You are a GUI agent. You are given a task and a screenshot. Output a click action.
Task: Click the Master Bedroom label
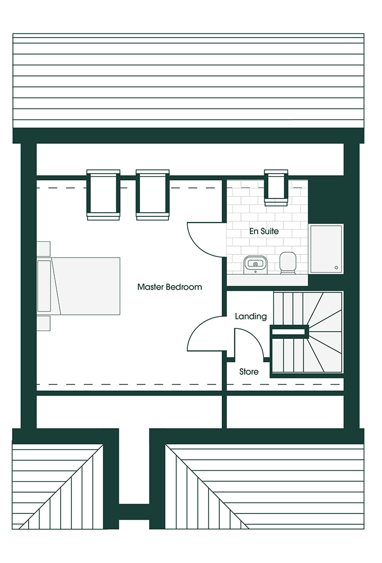click(170, 287)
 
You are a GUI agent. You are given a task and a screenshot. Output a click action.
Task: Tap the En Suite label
click(264, 231)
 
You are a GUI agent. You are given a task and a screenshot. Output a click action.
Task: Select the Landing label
click(251, 316)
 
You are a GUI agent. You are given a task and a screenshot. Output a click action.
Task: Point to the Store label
click(249, 372)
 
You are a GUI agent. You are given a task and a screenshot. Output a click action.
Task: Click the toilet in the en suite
click(288, 263)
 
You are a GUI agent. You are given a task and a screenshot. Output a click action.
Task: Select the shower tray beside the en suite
click(326, 249)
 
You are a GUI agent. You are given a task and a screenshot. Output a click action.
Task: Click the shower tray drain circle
click(337, 267)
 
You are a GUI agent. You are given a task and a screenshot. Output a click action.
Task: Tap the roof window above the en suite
click(276, 188)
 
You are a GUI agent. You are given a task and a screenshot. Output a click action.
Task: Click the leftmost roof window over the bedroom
click(103, 194)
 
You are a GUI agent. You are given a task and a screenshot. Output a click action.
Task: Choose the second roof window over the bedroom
click(153, 194)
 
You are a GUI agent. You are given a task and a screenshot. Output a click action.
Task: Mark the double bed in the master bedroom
click(78, 286)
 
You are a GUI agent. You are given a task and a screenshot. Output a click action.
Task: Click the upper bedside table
click(43, 249)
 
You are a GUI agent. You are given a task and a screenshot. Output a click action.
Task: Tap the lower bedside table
click(43, 323)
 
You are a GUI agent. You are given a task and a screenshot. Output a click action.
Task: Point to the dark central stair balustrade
click(290, 332)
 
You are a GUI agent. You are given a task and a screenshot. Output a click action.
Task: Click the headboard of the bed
click(44, 286)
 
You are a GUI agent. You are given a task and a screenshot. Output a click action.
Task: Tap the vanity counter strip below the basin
click(267, 280)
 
